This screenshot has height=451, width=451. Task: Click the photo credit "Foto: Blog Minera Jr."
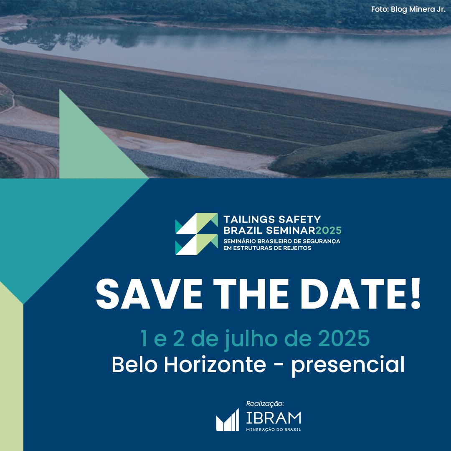coord(408,9)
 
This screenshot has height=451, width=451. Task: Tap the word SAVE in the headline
coord(149,294)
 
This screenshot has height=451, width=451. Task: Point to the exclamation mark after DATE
coord(416,294)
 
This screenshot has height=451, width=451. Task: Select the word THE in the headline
coord(251,294)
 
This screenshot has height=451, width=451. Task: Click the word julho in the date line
coord(251,340)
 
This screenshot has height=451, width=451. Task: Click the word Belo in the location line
coord(134,364)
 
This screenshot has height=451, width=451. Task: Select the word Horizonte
coord(215,364)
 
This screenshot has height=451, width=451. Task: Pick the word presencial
coord(348,365)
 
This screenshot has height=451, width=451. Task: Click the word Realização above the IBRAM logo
coord(265,404)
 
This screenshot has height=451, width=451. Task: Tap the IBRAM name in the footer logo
coord(274,418)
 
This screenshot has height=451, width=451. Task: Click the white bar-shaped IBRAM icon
coord(228,420)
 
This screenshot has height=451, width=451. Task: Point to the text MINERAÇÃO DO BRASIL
coord(273,430)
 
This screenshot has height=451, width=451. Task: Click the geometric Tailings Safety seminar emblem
coord(197,234)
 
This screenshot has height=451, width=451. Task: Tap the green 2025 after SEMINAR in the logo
coord(329,231)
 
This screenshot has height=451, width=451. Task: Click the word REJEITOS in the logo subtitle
coord(297,248)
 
